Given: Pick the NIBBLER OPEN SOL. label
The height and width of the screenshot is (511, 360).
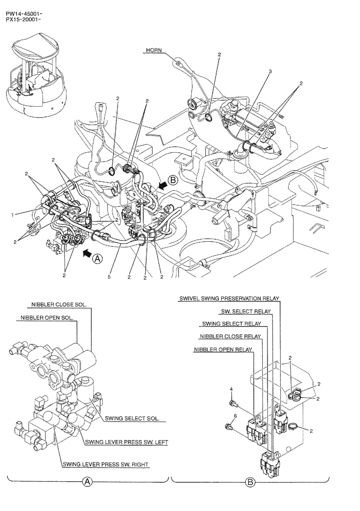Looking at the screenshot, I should coord(47,317).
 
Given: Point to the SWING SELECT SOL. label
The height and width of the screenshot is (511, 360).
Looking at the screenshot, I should coord(132,419).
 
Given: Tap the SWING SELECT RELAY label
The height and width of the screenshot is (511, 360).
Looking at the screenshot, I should coord(231,323).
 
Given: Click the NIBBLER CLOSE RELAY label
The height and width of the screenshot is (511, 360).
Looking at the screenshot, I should coord(230,336).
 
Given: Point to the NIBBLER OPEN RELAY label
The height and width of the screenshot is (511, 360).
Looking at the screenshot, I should coord(223,350).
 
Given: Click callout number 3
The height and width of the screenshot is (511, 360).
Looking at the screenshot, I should coord(270,72).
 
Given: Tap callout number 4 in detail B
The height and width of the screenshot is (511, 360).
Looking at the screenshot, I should coord(232,389).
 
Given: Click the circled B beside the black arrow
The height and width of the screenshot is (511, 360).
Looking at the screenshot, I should coord(173,180).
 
